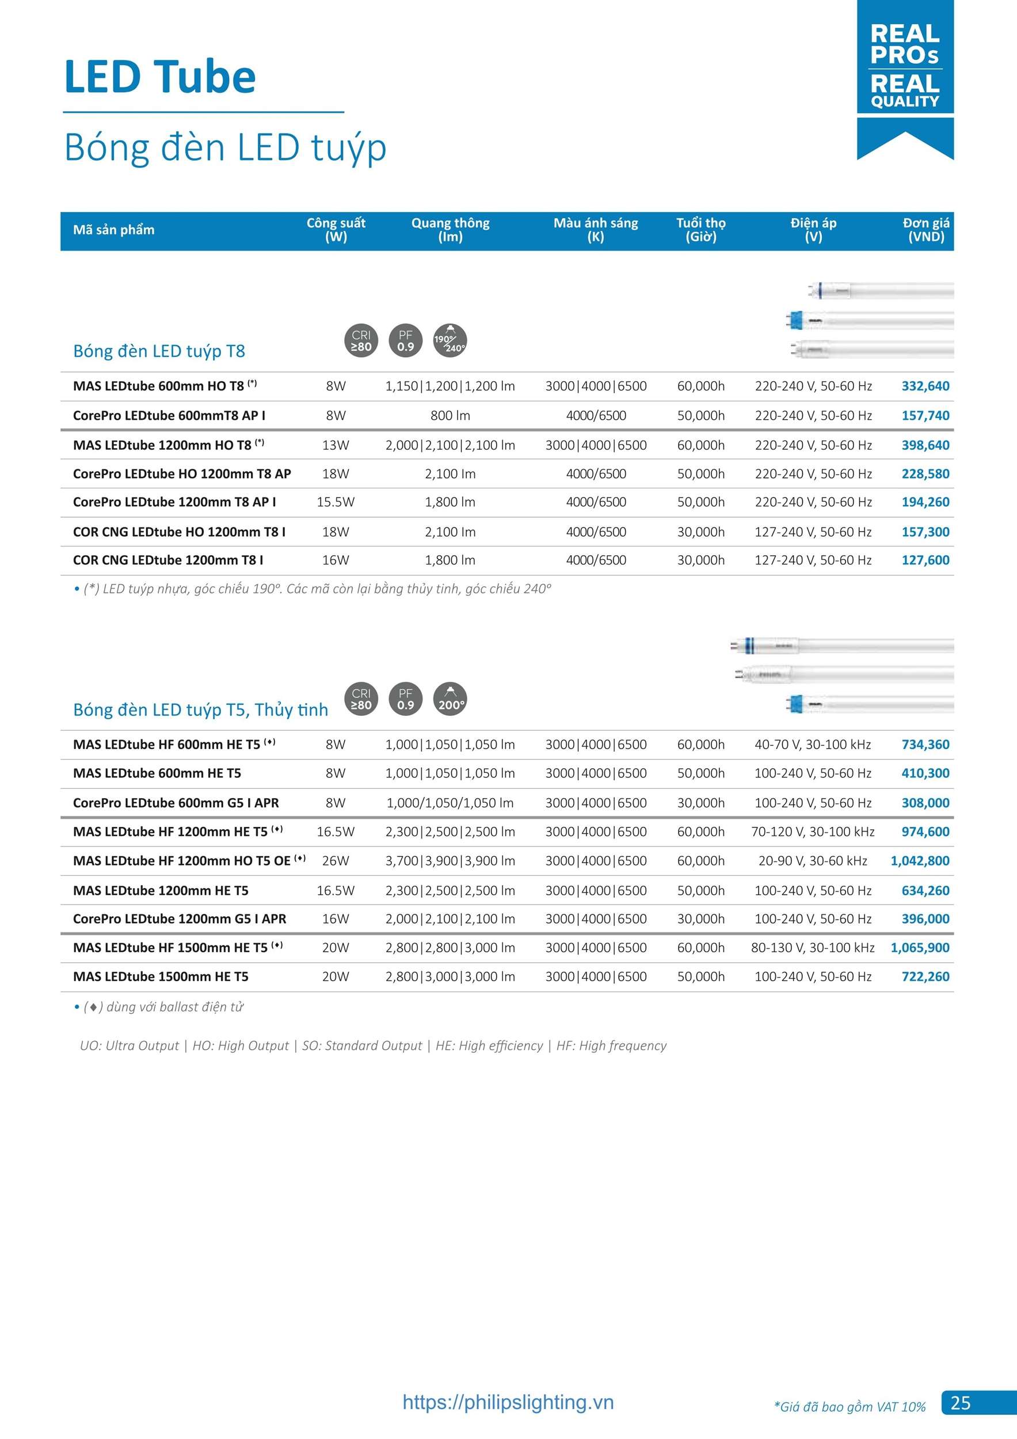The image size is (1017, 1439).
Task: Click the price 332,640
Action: pos(925,386)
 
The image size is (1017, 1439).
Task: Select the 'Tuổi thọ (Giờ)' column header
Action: pos(700,230)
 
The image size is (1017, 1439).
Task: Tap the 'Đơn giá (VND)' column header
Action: pos(925,230)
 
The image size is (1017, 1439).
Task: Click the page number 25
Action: pos(960,1402)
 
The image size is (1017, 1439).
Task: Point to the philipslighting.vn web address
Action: pos(508,1402)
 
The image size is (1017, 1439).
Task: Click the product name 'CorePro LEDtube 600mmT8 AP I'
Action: pos(169,416)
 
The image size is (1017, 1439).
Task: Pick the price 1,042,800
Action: pos(919,861)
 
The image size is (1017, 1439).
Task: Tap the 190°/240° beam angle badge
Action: pos(450,341)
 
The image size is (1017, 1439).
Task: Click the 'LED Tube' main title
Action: pos(161,77)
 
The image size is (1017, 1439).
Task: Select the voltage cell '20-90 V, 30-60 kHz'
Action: pos(813,861)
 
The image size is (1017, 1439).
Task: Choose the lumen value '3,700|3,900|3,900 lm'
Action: pos(450,861)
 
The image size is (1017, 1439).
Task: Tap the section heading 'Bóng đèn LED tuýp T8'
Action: pos(159,351)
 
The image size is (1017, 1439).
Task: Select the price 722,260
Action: pos(925,977)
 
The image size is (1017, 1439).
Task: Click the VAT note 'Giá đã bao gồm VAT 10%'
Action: pos(850,1407)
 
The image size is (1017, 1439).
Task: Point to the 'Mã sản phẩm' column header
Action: pos(114,230)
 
